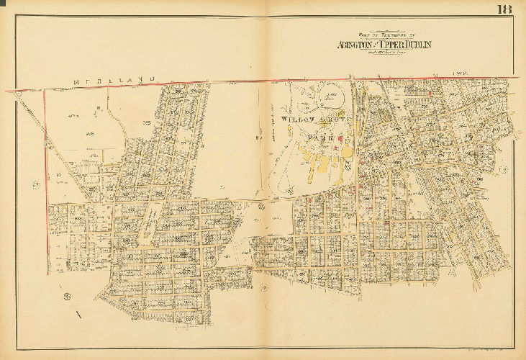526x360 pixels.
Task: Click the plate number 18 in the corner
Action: (503, 9)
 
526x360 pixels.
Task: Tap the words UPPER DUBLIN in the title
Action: (407, 44)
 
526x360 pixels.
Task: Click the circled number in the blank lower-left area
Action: (66, 296)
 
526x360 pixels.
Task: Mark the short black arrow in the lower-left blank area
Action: (78, 315)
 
